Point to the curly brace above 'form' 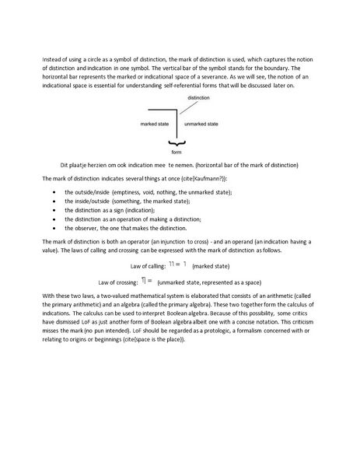point(177,144)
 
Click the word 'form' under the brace point(177,152)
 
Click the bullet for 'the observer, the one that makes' point(52,228)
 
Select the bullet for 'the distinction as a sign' point(52,210)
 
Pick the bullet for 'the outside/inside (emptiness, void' point(52,191)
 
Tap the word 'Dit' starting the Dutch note point(64,166)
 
